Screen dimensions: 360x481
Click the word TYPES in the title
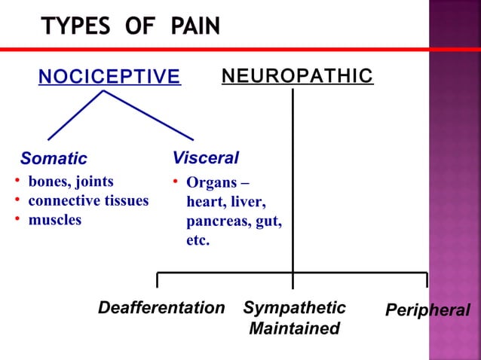76,27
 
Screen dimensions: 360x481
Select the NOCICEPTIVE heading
109,77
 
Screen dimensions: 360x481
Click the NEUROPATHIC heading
297,76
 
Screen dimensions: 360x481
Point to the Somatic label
54,159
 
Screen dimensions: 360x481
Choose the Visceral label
205,158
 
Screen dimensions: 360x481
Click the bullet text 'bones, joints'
71,182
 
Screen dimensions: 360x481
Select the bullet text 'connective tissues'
88,201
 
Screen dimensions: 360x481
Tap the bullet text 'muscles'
54,221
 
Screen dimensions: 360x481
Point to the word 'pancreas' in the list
215,222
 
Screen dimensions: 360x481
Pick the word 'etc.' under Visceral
198,242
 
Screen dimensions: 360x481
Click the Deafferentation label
161,308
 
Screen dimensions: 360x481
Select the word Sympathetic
294,308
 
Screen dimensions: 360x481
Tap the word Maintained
294,329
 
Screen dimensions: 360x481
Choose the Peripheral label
427,310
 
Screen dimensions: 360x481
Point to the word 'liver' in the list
249,203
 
